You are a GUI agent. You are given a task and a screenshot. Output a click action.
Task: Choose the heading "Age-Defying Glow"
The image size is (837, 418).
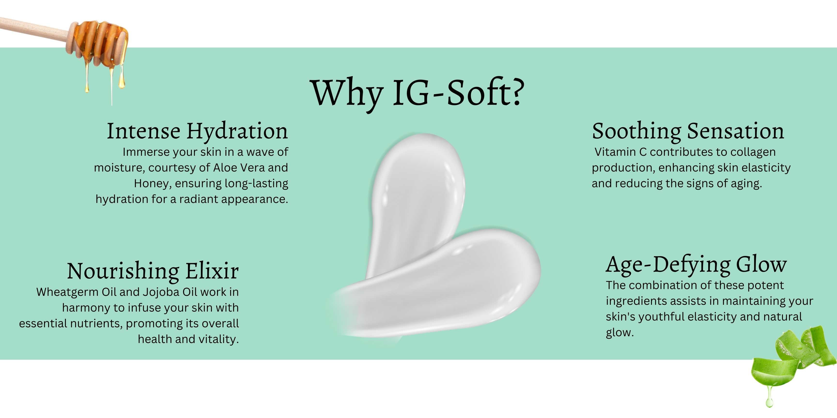[x=696, y=265]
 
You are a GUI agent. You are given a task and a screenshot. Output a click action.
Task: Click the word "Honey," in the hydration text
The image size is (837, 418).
[x=153, y=184]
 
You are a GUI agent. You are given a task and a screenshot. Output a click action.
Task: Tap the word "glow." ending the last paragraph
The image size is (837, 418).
[x=620, y=333]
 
